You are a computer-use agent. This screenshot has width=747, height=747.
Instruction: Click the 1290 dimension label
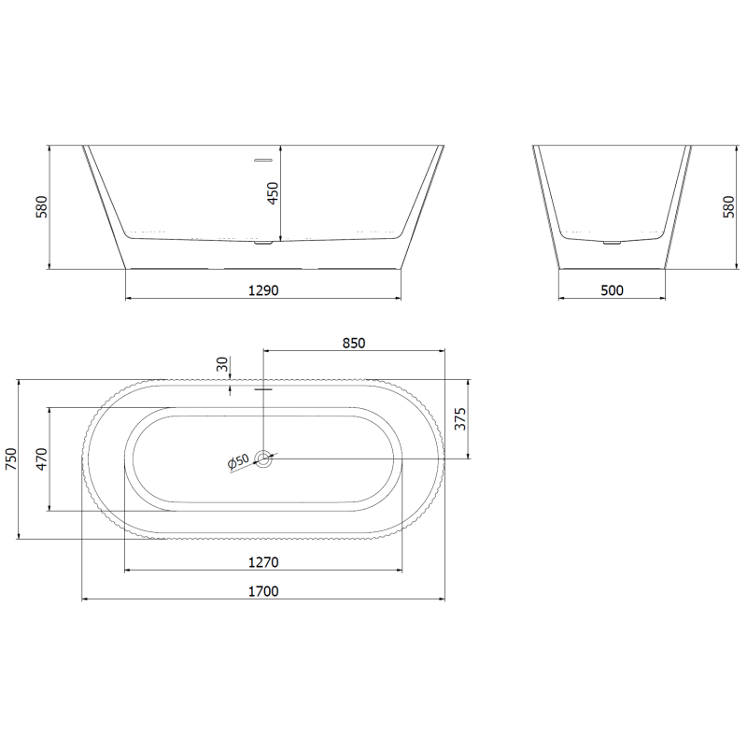(264, 290)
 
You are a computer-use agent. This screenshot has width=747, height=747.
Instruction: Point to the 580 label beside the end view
(728, 207)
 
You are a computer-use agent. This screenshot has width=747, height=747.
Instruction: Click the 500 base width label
(612, 290)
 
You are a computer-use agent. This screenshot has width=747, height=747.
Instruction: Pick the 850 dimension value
(354, 343)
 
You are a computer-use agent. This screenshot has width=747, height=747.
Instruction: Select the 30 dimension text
(221, 364)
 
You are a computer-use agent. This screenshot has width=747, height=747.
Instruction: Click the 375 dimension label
(458, 420)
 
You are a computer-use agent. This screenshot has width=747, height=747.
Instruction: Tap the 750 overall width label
(11, 458)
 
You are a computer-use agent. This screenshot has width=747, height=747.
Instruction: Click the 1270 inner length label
(264, 562)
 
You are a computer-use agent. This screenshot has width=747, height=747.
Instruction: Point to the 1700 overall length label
(264, 591)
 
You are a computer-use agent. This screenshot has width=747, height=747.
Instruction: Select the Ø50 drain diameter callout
(237, 461)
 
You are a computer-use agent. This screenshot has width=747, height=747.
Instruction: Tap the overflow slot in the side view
(265, 159)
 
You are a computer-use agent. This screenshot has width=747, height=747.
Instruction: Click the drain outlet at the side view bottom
(265, 245)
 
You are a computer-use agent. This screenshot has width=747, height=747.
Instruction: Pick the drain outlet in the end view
(612, 243)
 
